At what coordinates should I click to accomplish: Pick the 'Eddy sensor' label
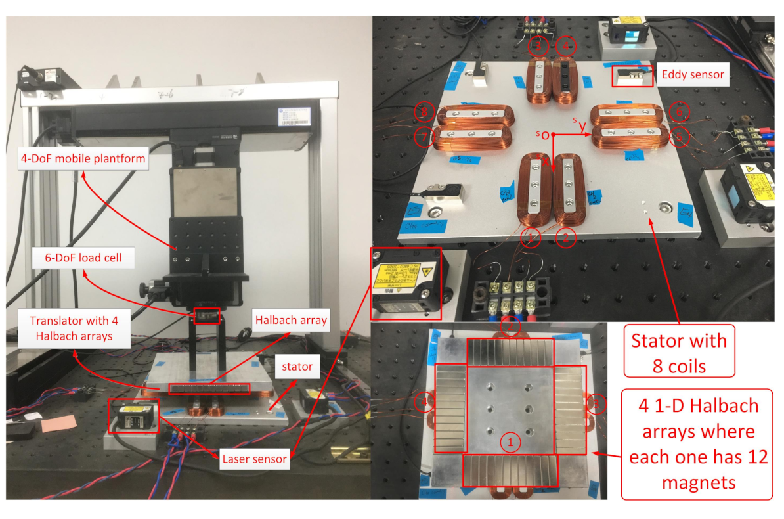point(693,74)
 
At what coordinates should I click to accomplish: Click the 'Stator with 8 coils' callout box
point(679,352)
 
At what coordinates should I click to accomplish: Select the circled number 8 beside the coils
point(425,113)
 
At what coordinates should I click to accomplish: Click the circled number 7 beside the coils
point(424,137)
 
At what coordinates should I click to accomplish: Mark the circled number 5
point(682,137)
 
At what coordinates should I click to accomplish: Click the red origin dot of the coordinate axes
point(554,135)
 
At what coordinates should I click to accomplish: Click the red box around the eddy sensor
point(632,76)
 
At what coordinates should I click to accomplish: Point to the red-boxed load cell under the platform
point(207,316)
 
